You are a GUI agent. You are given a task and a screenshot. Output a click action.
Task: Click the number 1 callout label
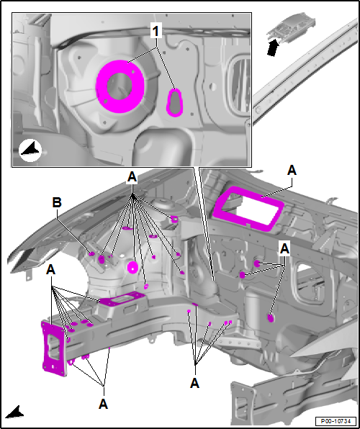pos(156,32)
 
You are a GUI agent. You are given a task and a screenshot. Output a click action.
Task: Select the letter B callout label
pos(57,203)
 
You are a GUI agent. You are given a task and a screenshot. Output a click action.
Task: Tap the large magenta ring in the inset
pos(120,86)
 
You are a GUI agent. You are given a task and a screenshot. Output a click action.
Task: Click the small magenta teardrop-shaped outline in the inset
pos(174,103)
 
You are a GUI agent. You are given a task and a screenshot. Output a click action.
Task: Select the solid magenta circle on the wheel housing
pos(132,267)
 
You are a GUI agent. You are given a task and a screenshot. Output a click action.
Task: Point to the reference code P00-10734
pos(336,421)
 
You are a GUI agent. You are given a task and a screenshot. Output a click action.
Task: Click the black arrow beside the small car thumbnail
pos(273,48)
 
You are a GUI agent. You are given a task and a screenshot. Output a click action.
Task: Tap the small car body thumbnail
pos(291,27)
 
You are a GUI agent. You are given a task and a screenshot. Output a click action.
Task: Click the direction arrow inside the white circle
pos(30,150)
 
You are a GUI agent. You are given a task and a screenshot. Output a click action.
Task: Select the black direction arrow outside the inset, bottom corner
pos(15,412)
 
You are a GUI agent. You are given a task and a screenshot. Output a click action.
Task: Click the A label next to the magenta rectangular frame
pos(292,171)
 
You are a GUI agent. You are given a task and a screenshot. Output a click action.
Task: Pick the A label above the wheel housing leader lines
pos(132,178)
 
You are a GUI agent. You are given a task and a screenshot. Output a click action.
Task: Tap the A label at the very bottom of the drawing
pos(103,404)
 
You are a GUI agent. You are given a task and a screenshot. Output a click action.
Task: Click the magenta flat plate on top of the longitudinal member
pos(122,298)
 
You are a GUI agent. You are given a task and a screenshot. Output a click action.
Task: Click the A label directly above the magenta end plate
pos(51,271)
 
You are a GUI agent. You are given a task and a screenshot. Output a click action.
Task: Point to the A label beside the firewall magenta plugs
pos(284,249)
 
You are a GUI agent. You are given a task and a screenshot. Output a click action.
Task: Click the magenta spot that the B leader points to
pos(91,254)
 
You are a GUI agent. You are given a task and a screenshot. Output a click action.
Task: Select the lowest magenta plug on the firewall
pos(271,318)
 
